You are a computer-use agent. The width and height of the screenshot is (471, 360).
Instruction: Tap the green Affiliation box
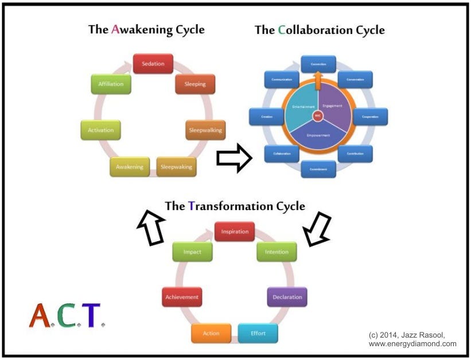coord(111,84)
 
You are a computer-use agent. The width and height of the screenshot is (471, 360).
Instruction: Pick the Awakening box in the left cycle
coord(129,167)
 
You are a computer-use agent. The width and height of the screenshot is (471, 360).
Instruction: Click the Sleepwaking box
coord(176,167)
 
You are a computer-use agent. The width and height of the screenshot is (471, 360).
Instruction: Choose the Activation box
coord(100,130)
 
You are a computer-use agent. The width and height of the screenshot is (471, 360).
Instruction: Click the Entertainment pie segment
coord(302,107)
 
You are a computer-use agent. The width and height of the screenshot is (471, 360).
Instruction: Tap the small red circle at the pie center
coord(318,115)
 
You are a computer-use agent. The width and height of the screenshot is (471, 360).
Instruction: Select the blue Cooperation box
coord(370,116)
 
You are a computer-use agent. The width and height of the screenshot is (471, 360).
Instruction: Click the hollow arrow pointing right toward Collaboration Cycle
coord(233,158)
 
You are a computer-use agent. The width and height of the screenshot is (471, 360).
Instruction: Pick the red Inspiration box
coord(235,232)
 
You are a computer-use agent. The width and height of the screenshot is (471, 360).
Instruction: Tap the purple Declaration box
coord(287,297)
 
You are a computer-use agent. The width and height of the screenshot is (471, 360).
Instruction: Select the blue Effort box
coord(258,333)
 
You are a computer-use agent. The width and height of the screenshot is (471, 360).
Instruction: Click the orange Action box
coord(211,333)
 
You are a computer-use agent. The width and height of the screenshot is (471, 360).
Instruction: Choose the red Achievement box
coord(182,297)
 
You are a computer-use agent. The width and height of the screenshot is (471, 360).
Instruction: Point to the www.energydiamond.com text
coord(412,344)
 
